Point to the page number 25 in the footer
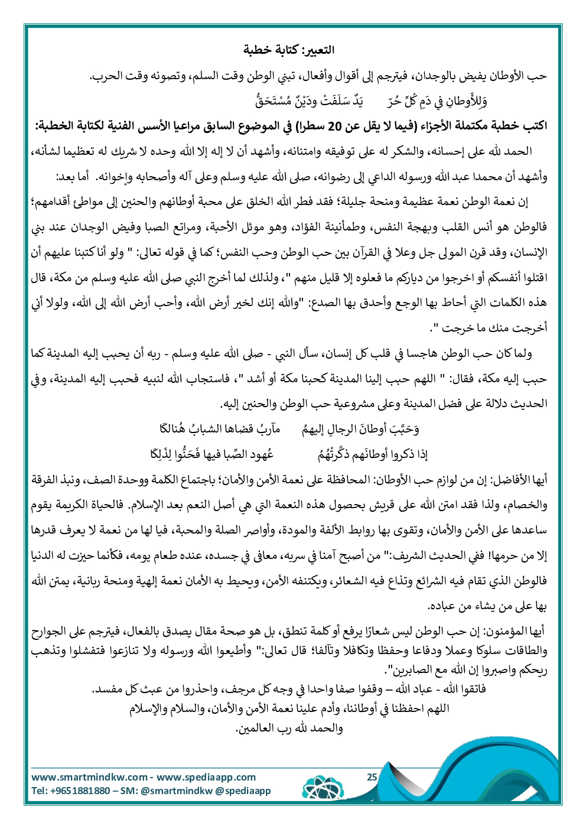[372, 777]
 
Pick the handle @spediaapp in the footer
[243, 791]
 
